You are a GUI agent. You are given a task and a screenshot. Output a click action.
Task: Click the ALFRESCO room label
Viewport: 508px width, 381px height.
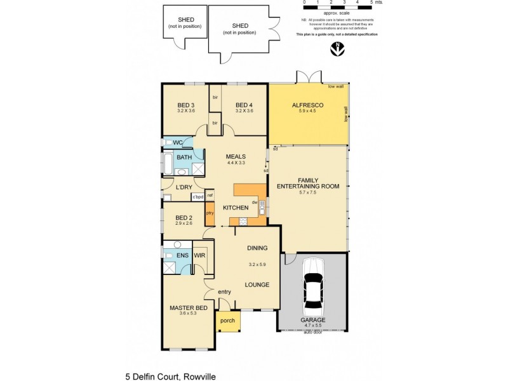click(307, 105)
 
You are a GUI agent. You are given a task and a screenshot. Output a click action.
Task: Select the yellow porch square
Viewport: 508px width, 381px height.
click(227, 321)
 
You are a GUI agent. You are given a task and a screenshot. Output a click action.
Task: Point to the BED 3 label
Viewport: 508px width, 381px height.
click(185, 105)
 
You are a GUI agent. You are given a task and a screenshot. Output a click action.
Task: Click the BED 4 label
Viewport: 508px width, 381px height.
click(244, 105)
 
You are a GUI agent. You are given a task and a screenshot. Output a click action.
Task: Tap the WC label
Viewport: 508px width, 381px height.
click(178, 142)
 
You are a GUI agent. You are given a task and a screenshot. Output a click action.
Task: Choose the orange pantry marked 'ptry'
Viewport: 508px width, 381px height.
click(210, 214)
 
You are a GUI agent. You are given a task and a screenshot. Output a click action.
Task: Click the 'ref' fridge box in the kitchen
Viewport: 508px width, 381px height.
click(210, 195)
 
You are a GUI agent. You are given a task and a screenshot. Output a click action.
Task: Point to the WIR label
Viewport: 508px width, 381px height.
click(199, 255)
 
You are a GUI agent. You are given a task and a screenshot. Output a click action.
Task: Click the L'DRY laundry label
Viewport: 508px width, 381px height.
click(184, 187)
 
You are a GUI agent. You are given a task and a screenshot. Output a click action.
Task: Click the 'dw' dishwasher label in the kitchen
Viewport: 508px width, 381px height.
click(254, 203)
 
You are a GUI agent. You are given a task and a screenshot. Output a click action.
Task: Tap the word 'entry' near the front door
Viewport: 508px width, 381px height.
click(224, 291)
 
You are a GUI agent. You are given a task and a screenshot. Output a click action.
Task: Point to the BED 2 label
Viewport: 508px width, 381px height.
click(184, 217)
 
